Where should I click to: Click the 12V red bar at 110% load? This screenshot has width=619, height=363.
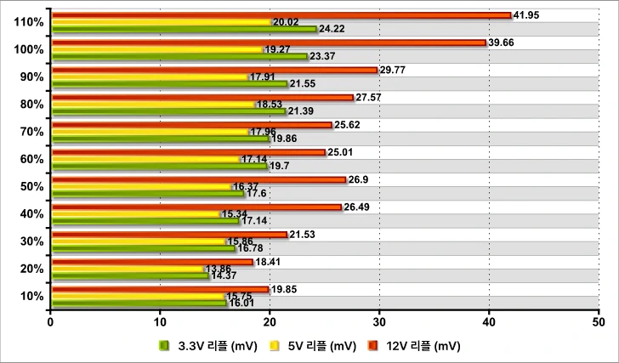point(281,15)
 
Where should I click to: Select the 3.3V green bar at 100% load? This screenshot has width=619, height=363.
point(179,57)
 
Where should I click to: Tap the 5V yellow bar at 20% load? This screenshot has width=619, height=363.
point(128,269)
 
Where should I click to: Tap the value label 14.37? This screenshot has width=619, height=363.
point(224,276)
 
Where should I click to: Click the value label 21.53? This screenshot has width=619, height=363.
point(304,234)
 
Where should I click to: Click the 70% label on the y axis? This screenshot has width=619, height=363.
point(31,132)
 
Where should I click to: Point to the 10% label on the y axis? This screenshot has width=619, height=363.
point(31,296)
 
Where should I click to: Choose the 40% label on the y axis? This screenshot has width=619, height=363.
point(31,213)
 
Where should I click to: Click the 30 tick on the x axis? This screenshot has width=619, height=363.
point(379,322)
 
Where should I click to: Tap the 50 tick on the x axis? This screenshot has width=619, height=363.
point(598,322)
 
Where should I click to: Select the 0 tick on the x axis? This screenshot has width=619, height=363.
point(51,322)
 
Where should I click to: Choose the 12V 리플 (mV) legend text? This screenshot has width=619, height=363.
point(422,345)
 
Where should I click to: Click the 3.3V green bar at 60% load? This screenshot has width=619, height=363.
point(160,166)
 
